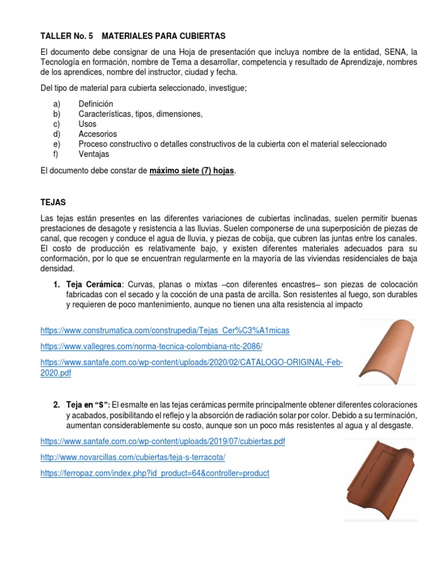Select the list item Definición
tap(96, 104)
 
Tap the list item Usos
tap(87, 124)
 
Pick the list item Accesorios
tap(96, 134)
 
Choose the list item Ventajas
tap(94, 154)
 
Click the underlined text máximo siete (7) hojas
tap(191, 171)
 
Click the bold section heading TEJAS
tap(54, 202)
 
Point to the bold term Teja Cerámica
tap(94, 285)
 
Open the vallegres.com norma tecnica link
tap(151, 347)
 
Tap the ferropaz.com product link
tap(155, 473)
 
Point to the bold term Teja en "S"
tap(88, 405)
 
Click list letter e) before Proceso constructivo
tap(56, 144)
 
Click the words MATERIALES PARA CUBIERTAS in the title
tap(164, 36)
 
